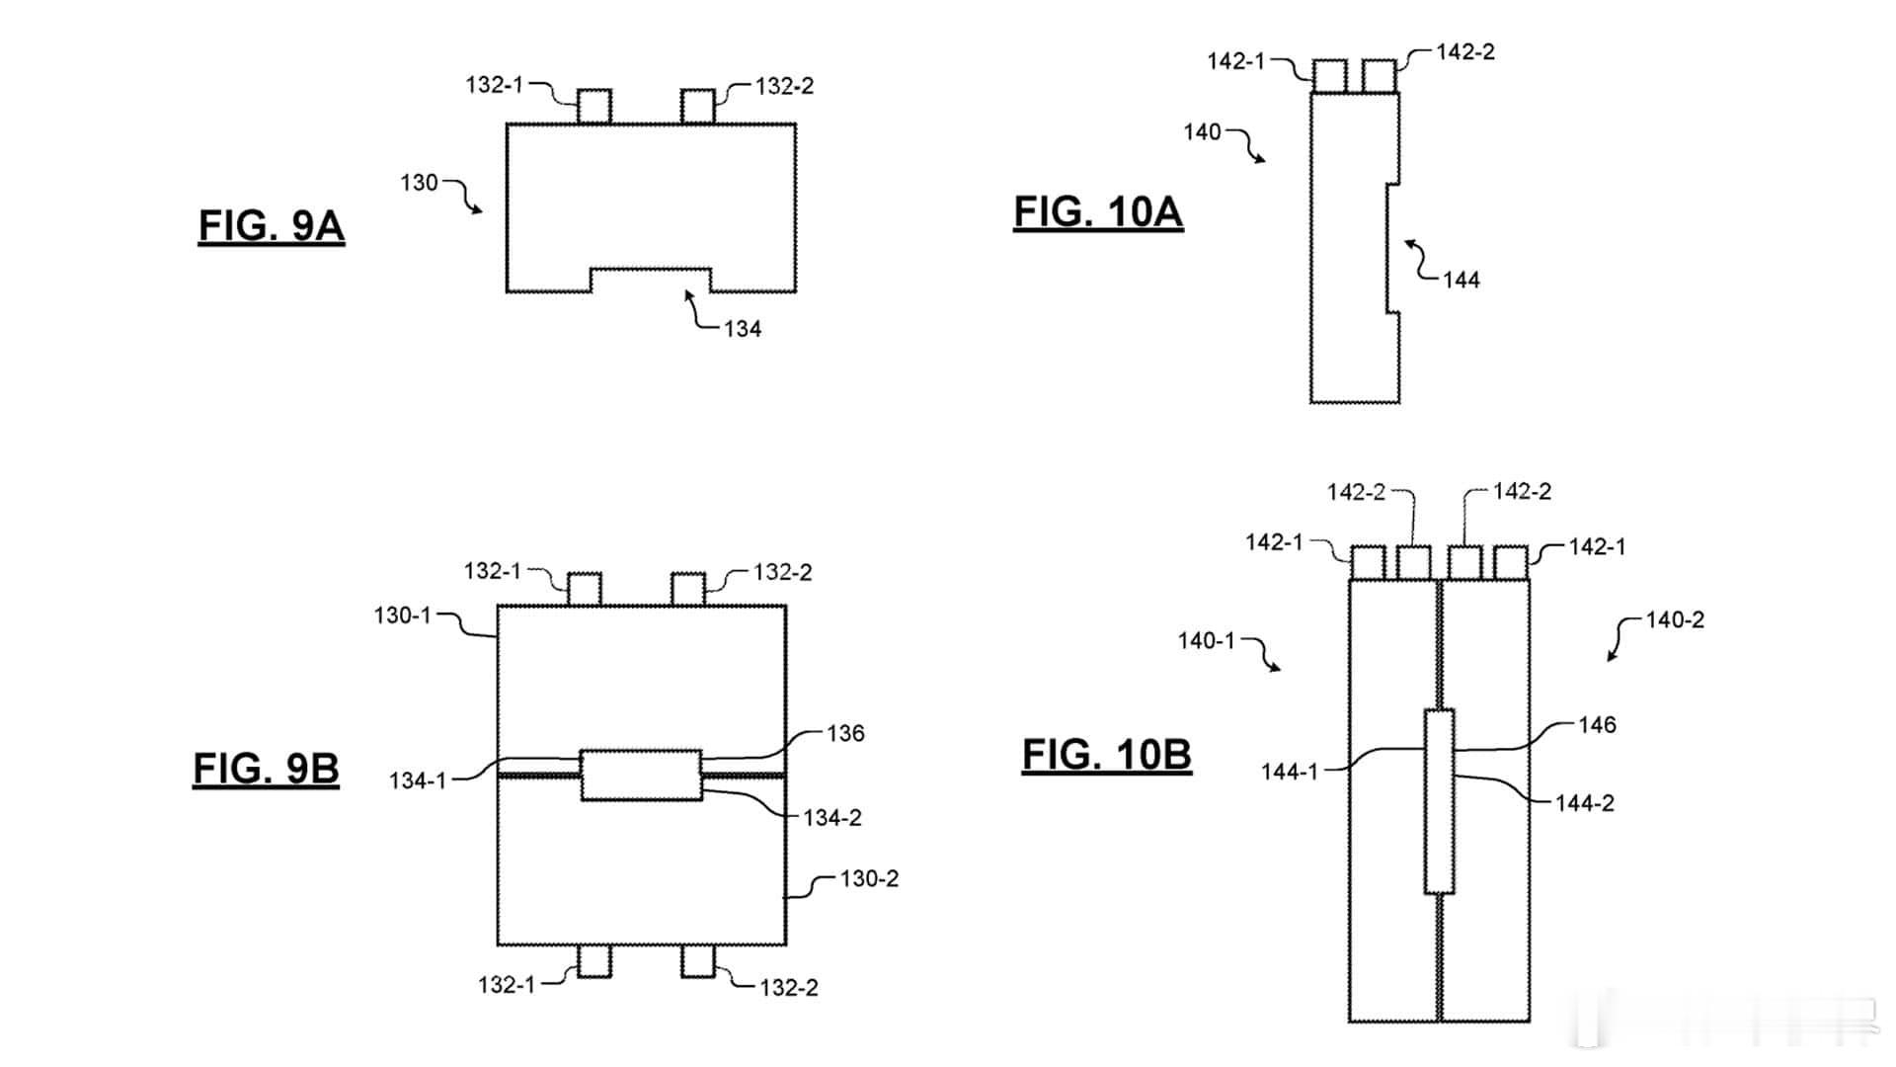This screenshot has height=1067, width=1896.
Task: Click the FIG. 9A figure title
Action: click(x=272, y=226)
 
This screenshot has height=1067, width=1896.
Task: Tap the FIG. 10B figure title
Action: click(x=1107, y=755)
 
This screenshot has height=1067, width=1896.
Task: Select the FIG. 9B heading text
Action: click(x=267, y=769)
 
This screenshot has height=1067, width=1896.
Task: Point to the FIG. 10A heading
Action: click(x=1099, y=212)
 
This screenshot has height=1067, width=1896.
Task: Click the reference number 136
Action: click(x=846, y=733)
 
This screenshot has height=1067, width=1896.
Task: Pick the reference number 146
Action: click(x=1597, y=725)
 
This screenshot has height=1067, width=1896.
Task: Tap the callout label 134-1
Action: click(x=418, y=780)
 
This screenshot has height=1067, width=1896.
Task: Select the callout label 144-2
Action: click(x=1585, y=803)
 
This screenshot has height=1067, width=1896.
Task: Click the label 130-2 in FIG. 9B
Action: click(x=870, y=878)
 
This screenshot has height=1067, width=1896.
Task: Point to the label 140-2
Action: click(x=1676, y=620)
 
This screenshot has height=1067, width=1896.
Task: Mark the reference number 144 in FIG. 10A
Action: click(x=1461, y=280)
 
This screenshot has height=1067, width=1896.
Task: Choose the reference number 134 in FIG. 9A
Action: click(x=743, y=329)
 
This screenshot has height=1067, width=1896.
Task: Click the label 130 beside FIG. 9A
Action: click(x=419, y=183)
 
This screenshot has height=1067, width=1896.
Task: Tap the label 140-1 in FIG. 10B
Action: click(x=1207, y=640)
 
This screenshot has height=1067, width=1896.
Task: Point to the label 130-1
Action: click(x=403, y=616)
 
